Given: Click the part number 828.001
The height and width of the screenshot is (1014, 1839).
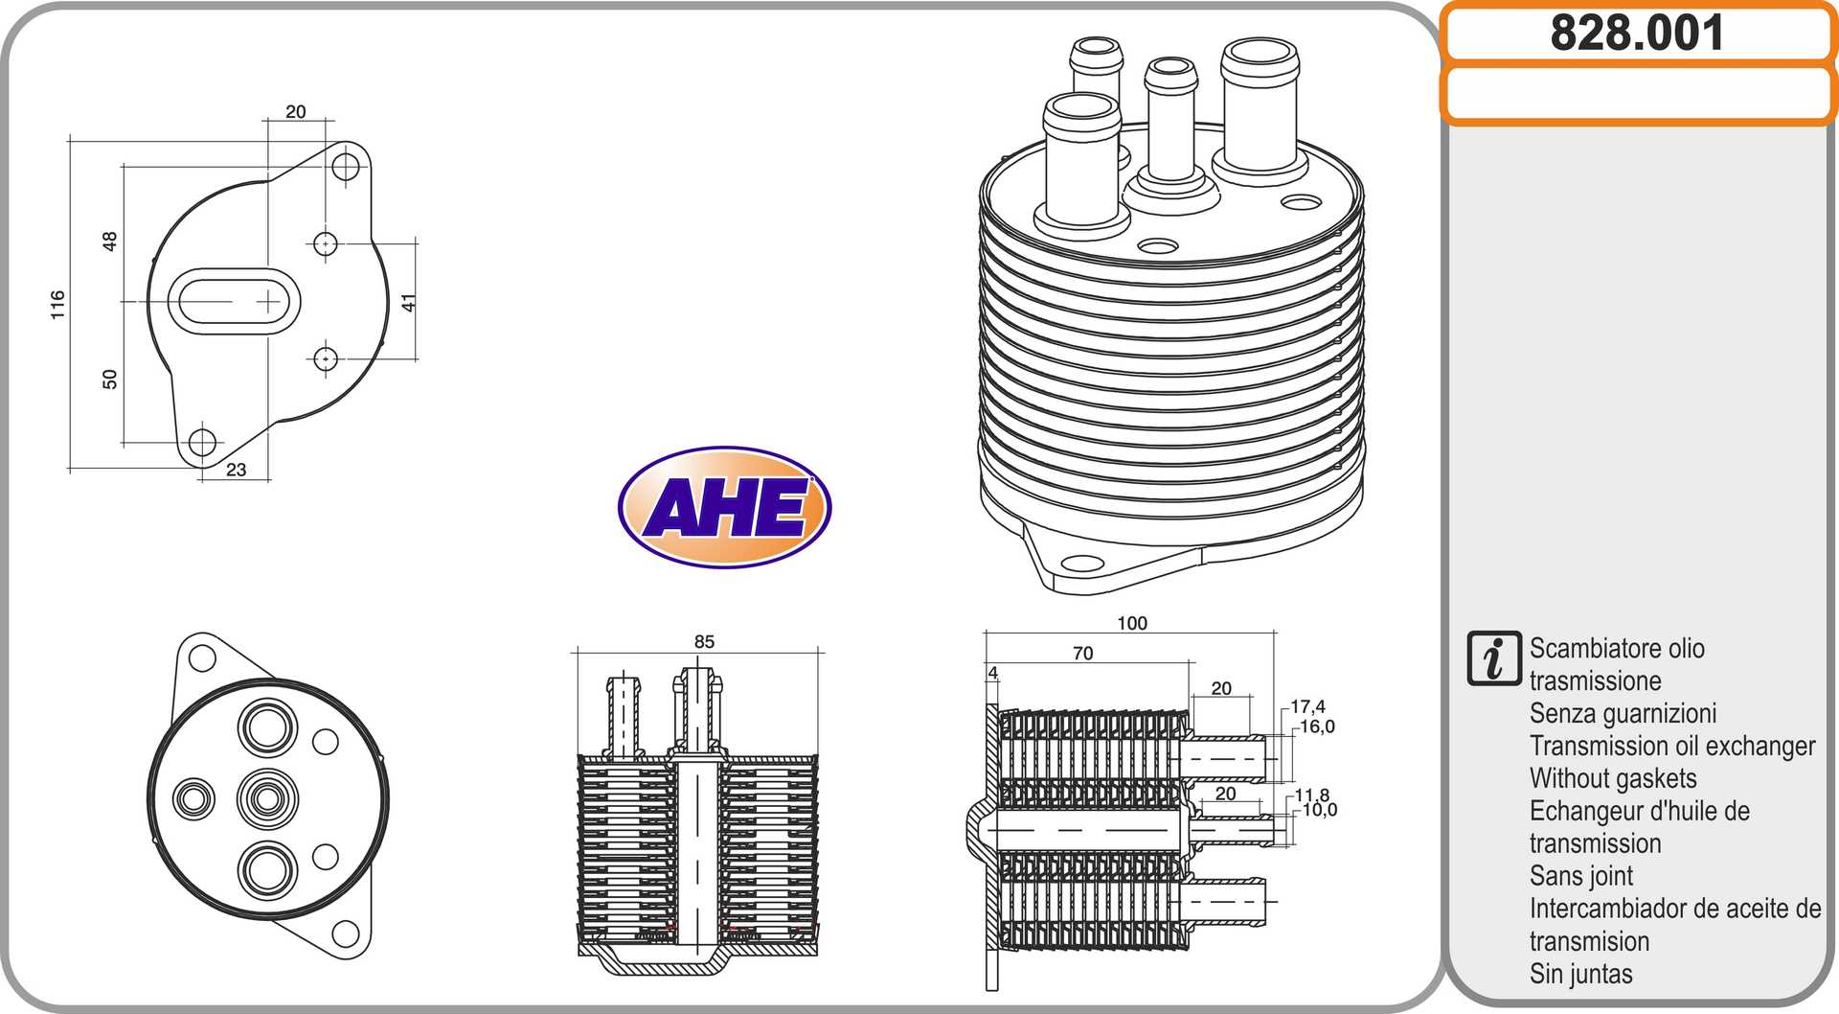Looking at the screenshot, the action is coord(1636,33).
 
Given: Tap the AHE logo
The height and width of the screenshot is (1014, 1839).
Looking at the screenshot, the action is coord(725,507).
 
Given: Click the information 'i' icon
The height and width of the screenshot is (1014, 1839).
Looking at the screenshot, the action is coord(1493,658).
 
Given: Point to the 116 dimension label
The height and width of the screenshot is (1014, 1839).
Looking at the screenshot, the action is coord(57,305).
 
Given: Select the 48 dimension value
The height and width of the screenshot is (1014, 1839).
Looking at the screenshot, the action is coord(109,242).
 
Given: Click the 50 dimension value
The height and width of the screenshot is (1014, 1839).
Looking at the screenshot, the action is coord(109,380).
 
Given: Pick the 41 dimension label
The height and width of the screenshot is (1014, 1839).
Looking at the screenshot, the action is coord(409,302).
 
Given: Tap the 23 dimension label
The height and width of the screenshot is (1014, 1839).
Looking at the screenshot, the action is coord(236,470).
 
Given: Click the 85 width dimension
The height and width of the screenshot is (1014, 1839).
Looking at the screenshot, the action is coord(704,641).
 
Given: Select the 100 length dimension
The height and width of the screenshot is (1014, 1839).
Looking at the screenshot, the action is coord(1132,623).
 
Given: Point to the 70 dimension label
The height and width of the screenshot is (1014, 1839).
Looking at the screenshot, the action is coord(1082,654).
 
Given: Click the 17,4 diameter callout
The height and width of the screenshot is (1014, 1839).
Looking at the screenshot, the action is coord(1307,706).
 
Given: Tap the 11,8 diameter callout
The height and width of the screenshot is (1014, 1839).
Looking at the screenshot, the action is coord(1311,795).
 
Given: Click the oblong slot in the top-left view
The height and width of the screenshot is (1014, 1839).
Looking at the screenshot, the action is coord(234,301).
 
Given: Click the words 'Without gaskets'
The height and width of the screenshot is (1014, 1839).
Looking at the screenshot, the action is coord(1613,778).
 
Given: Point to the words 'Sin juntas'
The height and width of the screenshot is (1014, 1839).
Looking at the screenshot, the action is coord(1581,974).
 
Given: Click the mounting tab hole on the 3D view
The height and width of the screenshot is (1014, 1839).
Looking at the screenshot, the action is coord(1082,564).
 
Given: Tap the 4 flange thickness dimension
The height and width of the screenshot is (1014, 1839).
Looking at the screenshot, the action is coord(993,673).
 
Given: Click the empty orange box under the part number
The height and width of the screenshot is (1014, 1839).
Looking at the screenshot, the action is coord(1637,93).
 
